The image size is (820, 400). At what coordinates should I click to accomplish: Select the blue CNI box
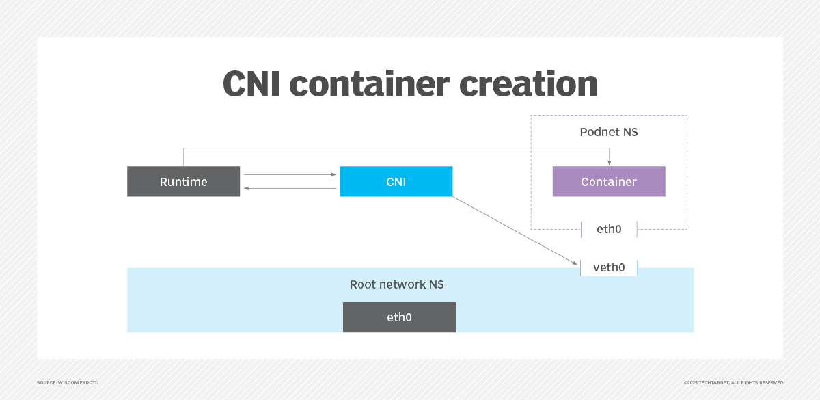pos(396,181)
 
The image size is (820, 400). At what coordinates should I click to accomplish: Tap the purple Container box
pos(608,181)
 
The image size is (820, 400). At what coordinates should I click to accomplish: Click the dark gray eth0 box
pos(399,317)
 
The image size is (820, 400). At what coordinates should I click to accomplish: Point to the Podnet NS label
pos(608,132)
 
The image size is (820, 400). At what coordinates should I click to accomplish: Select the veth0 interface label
pos(609,267)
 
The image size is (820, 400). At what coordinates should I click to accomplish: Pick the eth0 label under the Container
pos(609,229)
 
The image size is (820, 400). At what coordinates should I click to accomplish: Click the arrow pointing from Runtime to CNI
pos(290,175)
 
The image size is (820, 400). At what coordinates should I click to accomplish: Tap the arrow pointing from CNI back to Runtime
pos(290,188)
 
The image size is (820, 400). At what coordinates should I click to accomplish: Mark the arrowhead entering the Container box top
pos(609,163)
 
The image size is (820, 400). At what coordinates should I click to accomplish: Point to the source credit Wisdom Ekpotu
pos(68,382)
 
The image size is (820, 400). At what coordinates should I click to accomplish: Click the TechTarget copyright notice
pos(733,382)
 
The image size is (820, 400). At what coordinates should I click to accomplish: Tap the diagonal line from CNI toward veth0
pos(512,228)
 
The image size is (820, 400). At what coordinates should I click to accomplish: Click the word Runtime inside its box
pos(183,182)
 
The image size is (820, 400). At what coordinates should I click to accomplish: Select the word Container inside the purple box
pos(608,182)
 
